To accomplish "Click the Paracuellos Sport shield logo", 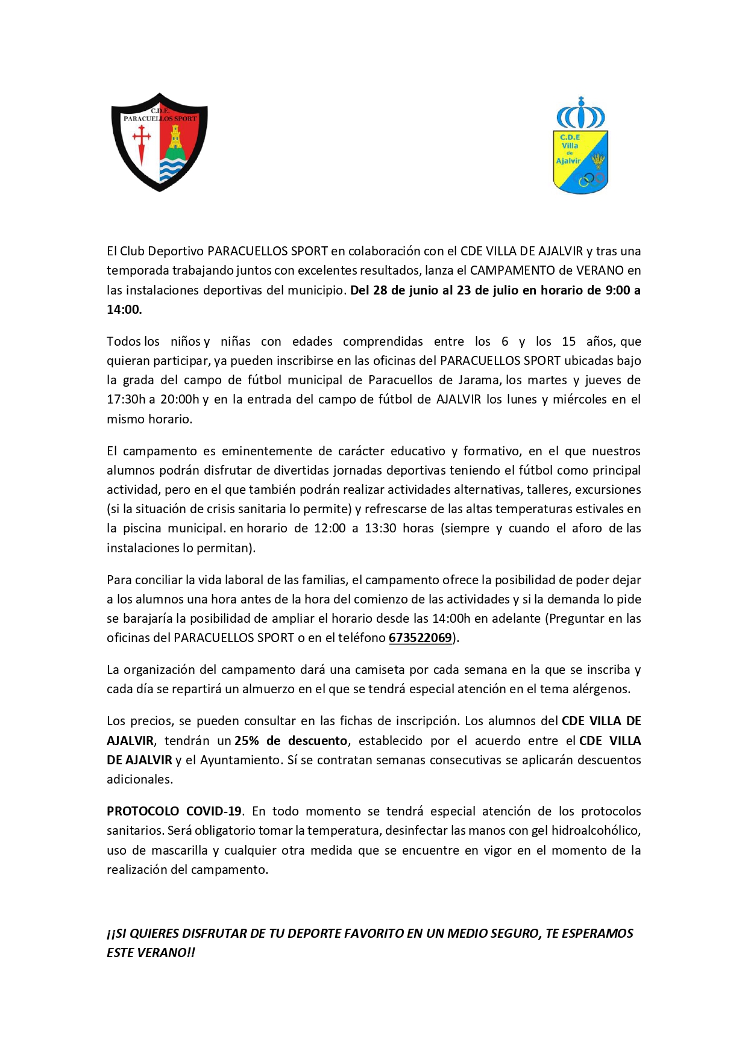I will point(160,142).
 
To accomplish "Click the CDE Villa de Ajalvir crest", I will point(580,146).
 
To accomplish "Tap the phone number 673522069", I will point(420,638).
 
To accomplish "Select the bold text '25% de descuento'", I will point(291,741).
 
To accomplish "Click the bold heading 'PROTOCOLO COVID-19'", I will point(174,811).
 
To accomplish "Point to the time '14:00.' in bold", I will point(124,310).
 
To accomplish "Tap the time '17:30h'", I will point(126,399).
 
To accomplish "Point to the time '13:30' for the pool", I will point(380,528).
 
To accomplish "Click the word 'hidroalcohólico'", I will point(594,831).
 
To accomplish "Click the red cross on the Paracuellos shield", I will point(142,140).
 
